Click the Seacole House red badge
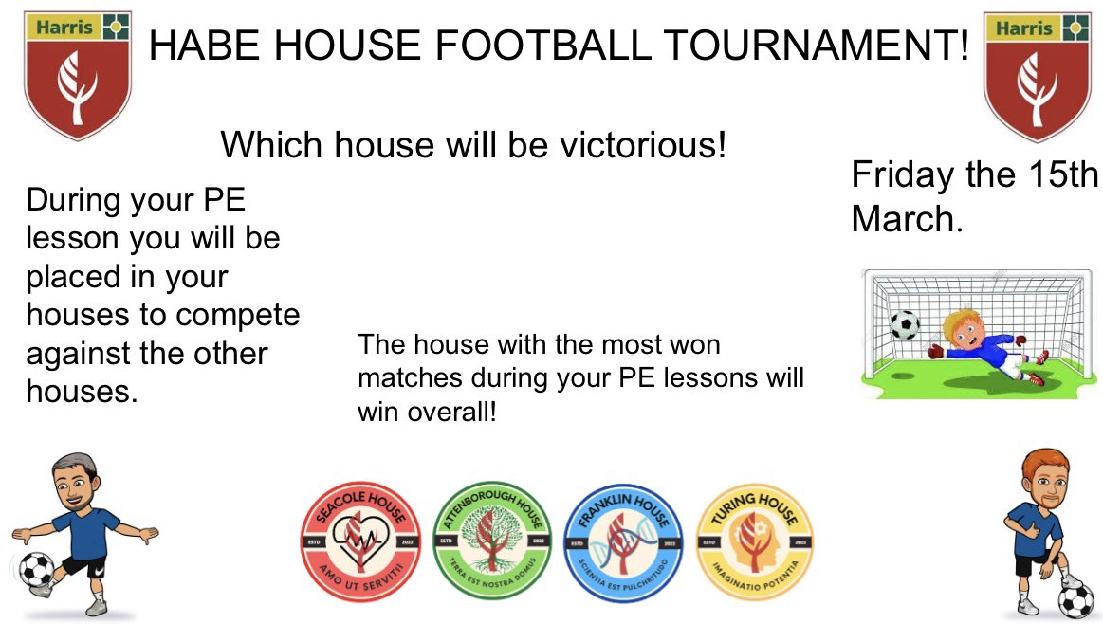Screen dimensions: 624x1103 (x=359, y=541)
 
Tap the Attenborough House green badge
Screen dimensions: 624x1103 (x=491, y=541)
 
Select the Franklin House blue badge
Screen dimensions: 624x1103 (x=622, y=541)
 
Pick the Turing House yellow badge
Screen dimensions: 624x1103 (x=754, y=541)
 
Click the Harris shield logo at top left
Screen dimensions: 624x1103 (x=78, y=74)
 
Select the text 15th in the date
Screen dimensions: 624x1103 (x=1064, y=175)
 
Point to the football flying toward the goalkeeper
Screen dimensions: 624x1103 (x=904, y=325)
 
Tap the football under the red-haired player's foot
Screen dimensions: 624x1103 (x=1075, y=598)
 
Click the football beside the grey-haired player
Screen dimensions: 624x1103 (x=37, y=570)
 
